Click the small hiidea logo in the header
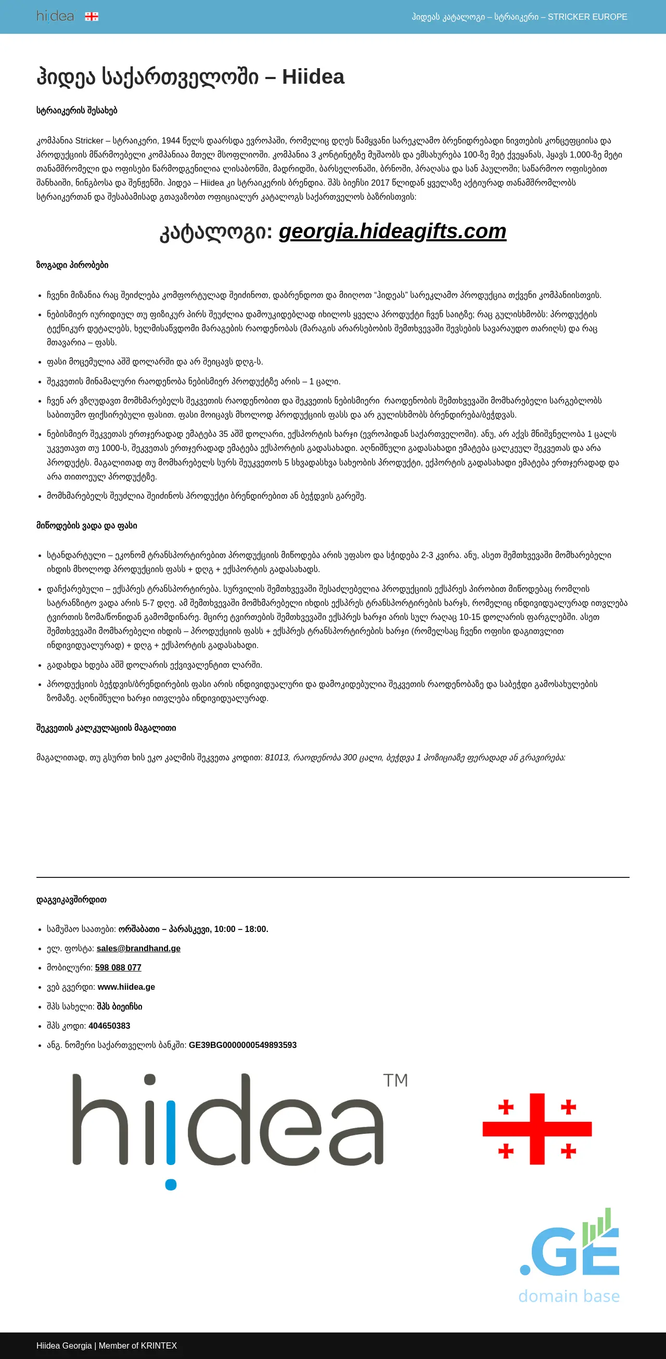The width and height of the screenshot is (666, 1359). click(55, 16)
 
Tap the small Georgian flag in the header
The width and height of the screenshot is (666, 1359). click(92, 16)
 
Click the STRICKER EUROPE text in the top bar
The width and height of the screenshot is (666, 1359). click(587, 17)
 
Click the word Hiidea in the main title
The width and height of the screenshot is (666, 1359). click(313, 77)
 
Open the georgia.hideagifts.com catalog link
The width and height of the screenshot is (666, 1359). click(392, 231)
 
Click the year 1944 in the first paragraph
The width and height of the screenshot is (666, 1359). click(171, 141)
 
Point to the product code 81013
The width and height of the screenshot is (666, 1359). click(276, 758)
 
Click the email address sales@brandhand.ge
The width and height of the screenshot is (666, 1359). click(138, 949)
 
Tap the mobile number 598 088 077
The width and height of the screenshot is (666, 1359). click(118, 967)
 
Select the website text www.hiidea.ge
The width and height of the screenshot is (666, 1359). click(126, 987)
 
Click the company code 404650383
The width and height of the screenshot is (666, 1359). click(109, 1026)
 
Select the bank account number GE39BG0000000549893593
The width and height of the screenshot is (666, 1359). click(243, 1045)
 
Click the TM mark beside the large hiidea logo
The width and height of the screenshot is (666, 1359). click(395, 1080)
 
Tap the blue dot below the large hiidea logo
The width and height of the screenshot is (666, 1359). click(171, 1184)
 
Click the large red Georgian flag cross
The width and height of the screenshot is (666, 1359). click(537, 1129)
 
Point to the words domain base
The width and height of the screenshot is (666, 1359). click(569, 1296)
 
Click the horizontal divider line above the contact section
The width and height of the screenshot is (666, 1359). click(332, 877)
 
